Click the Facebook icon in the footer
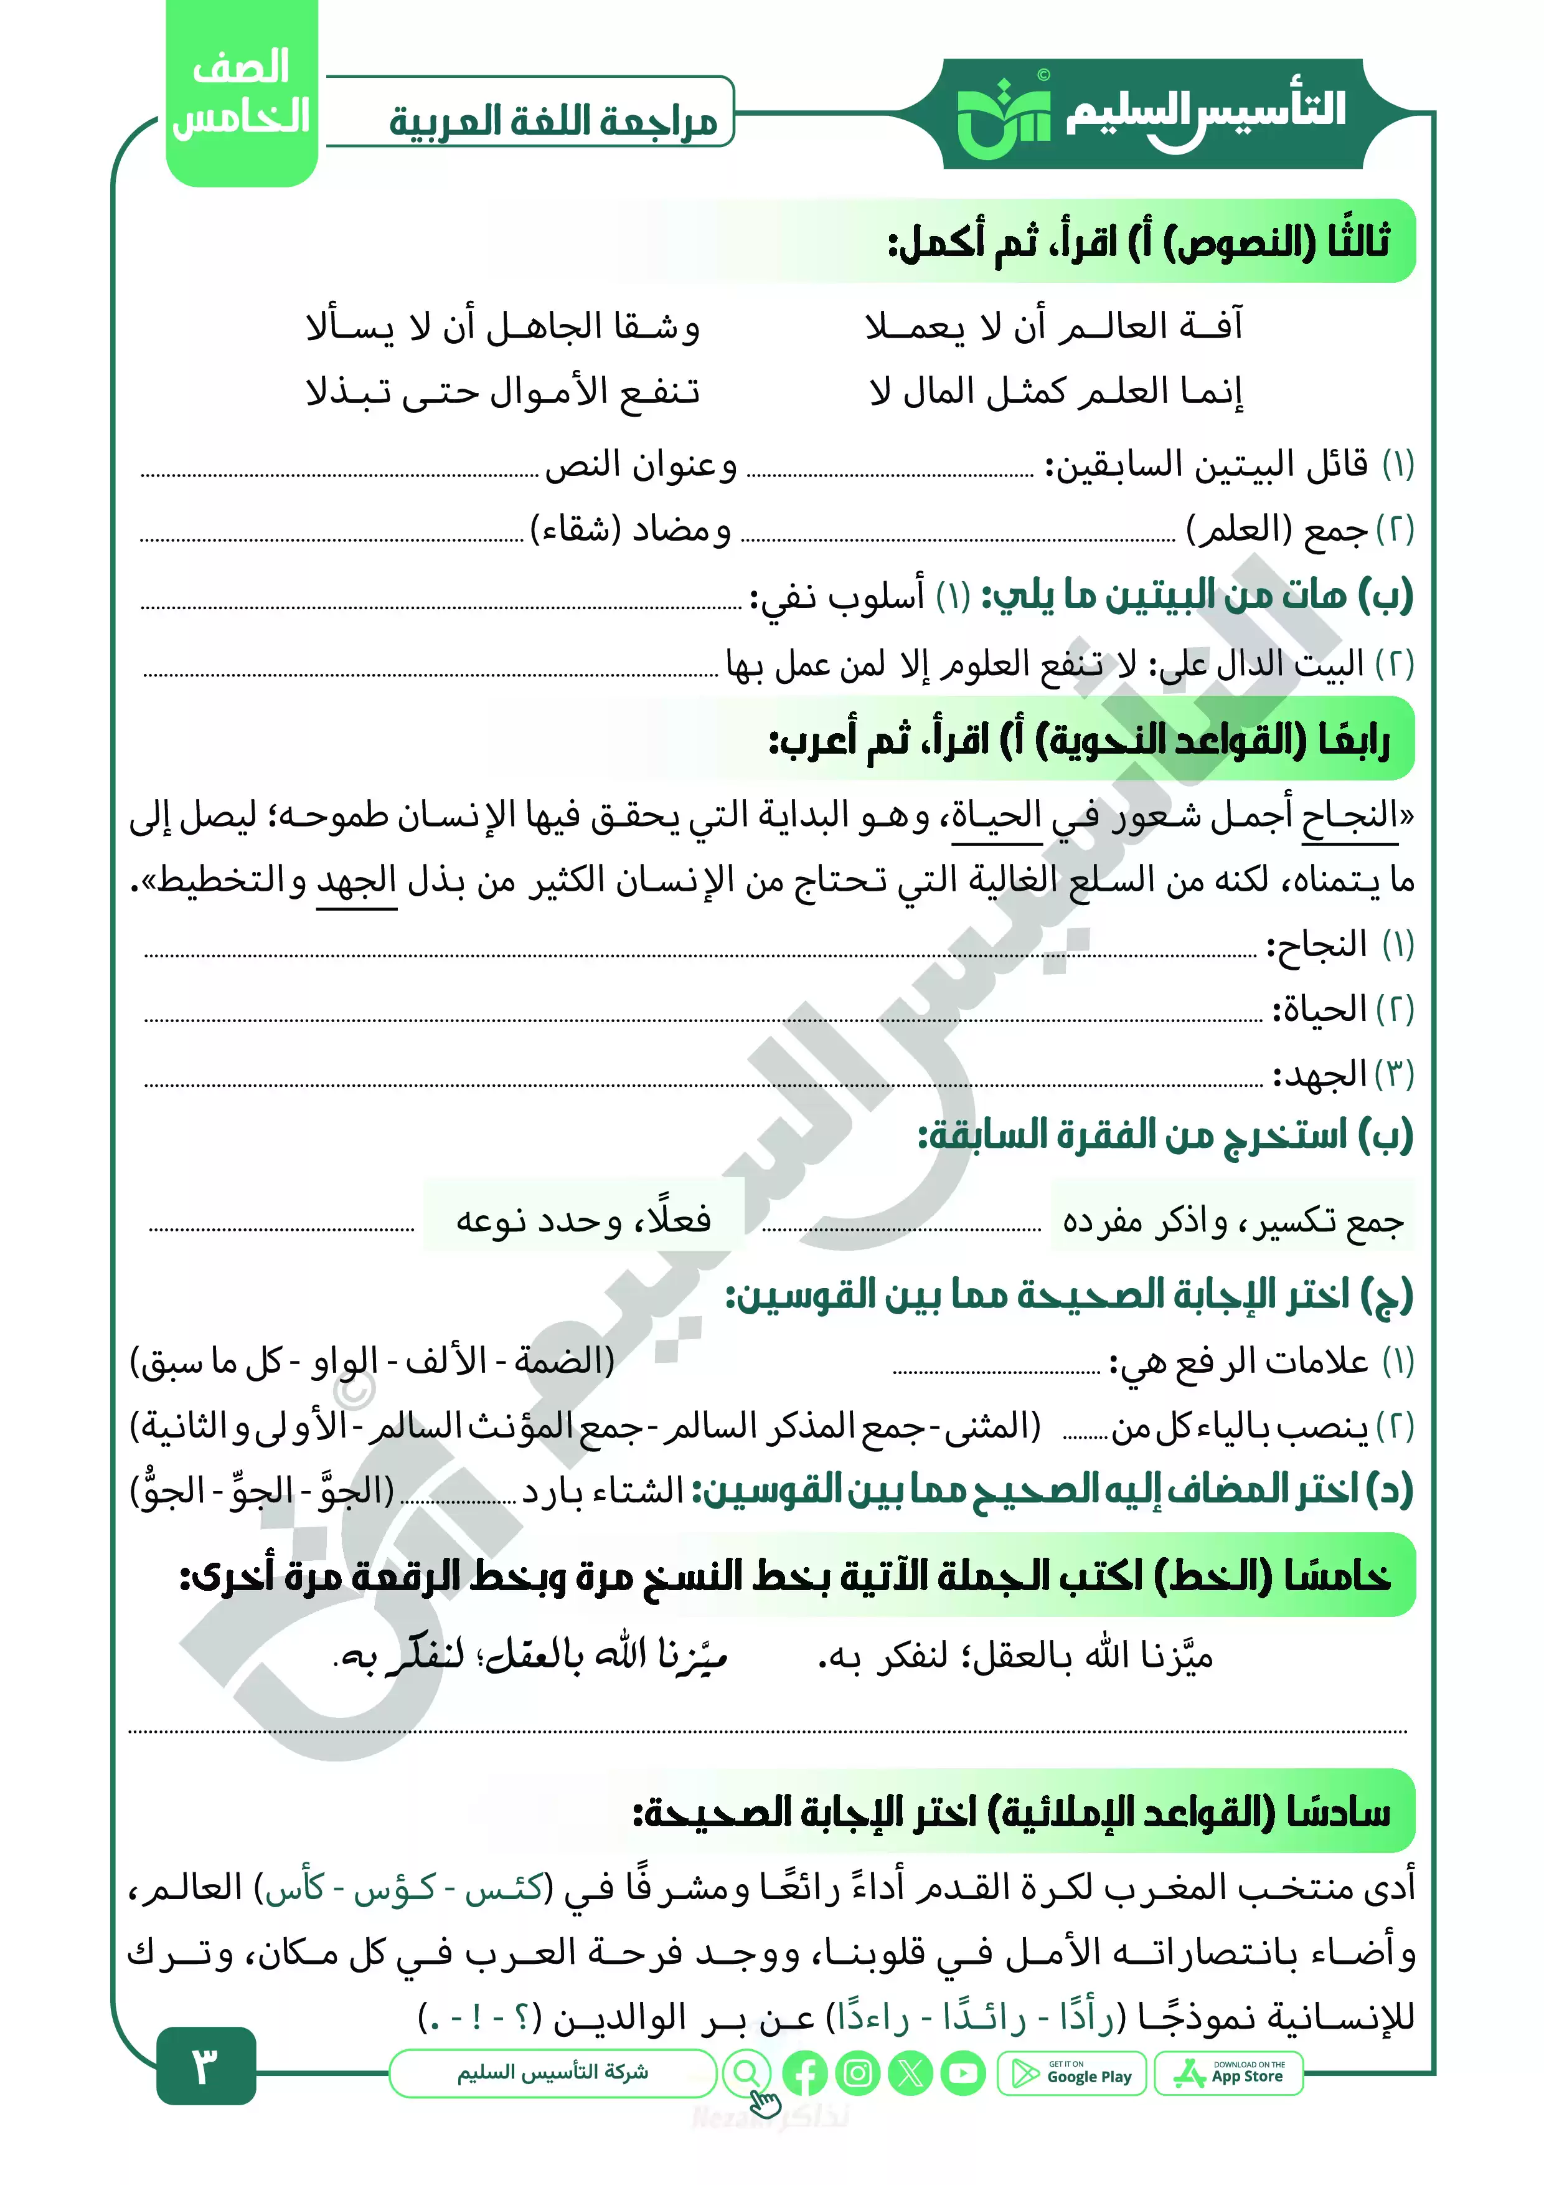coord(805,2074)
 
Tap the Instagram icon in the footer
coord(858,2074)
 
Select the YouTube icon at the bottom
coord(964,2074)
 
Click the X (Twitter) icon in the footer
coord(910,2074)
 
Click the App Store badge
coord(1228,2074)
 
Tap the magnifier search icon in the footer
coord(748,2074)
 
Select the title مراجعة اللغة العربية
coord(553,122)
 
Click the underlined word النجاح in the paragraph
coord(1349,815)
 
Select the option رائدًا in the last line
coord(985,2017)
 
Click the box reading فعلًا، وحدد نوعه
coord(583,1219)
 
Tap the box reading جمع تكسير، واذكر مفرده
coord(1232,1219)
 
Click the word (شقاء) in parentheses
coord(575,528)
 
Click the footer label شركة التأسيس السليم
coord(553,2073)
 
